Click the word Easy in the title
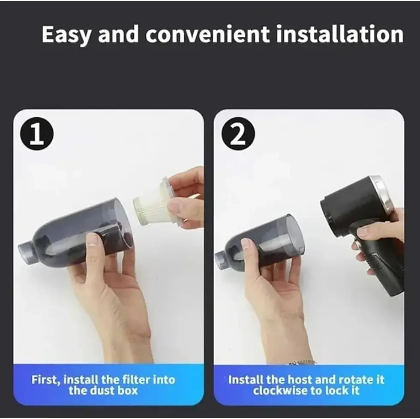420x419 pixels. pyautogui.click(x=66, y=35)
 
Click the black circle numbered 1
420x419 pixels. pyautogui.click(x=37, y=134)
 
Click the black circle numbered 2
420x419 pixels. pyautogui.click(x=238, y=134)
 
